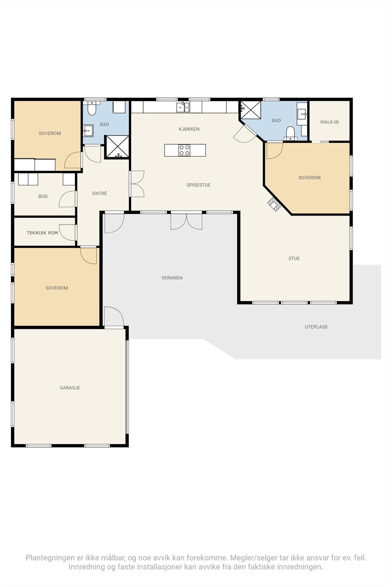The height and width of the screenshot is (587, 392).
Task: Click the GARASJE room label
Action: [x=70, y=387]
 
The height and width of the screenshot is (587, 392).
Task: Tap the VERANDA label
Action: [x=172, y=278]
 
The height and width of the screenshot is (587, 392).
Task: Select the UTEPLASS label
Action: [x=316, y=327]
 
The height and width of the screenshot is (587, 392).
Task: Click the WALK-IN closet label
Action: [x=329, y=122]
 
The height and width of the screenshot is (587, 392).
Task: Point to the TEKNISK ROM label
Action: [x=42, y=233]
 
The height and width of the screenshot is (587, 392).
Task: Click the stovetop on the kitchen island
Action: [x=184, y=150]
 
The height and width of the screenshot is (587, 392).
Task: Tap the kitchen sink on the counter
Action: [x=183, y=107]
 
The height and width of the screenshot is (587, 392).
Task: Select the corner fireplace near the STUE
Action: [x=274, y=204]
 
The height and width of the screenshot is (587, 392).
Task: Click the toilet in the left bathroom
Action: [x=91, y=109]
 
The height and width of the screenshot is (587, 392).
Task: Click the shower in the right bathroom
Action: [x=251, y=110]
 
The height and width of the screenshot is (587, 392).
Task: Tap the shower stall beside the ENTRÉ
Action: [x=117, y=147]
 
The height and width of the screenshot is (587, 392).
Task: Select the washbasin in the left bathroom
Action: [x=88, y=130]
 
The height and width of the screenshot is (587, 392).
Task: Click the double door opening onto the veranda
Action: [x=186, y=222]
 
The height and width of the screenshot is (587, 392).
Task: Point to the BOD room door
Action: [x=68, y=199]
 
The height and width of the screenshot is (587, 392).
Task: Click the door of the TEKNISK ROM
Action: [x=68, y=233]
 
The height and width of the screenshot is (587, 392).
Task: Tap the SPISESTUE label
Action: [x=198, y=185]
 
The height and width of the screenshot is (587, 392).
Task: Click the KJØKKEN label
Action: [x=189, y=129]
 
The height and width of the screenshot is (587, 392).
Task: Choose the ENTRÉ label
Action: [x=100, y=193]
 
